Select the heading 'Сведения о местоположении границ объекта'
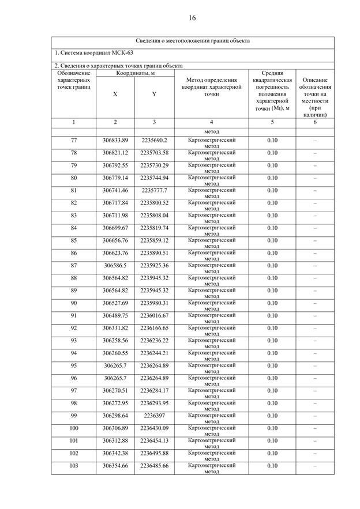pos(193,41)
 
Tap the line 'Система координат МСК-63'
pos(85,53)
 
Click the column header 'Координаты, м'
pos(135,73)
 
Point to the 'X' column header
pos(115,94)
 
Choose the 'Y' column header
pos(154,94)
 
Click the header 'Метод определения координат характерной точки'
pos(211,86)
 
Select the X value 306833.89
pos(115,140)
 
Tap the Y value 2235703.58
pos(154,153)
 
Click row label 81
pos(74,190)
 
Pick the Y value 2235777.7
pos(154,190)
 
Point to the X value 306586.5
pos(115,265)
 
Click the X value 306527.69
pos(115,303)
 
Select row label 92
pos(74,327)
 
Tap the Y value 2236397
pos(154,415)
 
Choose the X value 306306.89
pos(115,428)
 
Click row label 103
pos(74,465)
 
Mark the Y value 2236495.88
pos(154,453)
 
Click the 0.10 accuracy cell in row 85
pos(272,240)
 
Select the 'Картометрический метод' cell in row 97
pos(212,393)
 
